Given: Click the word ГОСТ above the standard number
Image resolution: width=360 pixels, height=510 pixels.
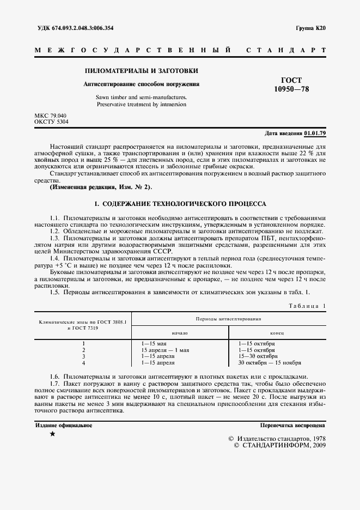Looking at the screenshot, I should click(x=291, y=80).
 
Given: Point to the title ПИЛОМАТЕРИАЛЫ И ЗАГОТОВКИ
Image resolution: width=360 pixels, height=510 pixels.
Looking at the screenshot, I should click(x=141, y=71).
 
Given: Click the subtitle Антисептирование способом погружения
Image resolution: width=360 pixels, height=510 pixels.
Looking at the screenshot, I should click(x=141, y=84).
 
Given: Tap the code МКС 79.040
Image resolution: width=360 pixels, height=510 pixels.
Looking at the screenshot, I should click(x=50, y=116).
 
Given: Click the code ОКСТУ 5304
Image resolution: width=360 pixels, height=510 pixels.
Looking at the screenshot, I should click(x=52, y=122).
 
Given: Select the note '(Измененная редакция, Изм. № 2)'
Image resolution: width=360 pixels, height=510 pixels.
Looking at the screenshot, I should click(x=101, y=187).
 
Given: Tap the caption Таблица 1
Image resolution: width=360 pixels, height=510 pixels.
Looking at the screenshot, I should click(x=306, y=306).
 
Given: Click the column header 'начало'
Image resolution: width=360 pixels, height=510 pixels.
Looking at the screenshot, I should click(x=179, y=332).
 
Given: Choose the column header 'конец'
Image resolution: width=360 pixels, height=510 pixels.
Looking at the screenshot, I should click(x=276, y=332).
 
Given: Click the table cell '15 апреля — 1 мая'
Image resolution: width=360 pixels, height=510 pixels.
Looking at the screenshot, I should click(x=165, y=350).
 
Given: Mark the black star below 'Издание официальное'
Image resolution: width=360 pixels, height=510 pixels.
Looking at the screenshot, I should click(x=52, y=434).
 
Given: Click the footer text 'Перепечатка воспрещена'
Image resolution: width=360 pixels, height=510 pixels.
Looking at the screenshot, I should click(x=292, y=425).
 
